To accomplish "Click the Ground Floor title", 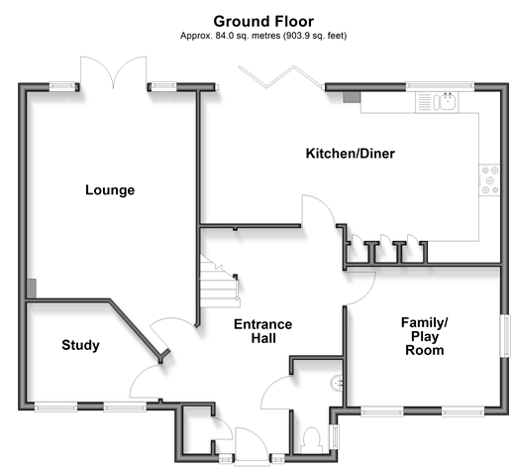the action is [x=263, y=22].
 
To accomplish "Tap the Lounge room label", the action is [x=110, y=190].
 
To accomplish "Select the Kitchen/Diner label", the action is [x=351, y=154].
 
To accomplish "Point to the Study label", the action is [x=80, y=345].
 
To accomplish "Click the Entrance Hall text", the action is [x=263, y=331].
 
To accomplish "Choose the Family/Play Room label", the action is [x=425, y=336].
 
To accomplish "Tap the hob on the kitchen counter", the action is [x=489, y=180].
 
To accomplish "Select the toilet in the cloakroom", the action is [x=312, y=440].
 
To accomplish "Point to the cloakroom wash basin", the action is [x=337, y=384].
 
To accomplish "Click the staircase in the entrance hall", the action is [x=219, y=282].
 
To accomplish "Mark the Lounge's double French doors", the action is [x=113, y=73].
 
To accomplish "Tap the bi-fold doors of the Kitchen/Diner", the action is [x=280, y=77].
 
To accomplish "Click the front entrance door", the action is [x=252, y=446].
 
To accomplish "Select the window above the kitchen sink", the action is [x=440, y=86].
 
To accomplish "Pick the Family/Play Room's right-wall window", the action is [x=505, y=336].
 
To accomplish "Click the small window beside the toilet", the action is [x=335, y=437].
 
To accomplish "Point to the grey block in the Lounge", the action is [x=32, y=289].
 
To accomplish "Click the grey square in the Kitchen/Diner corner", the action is [x=352, y=97].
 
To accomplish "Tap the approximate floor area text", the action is [x=263, y=36].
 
